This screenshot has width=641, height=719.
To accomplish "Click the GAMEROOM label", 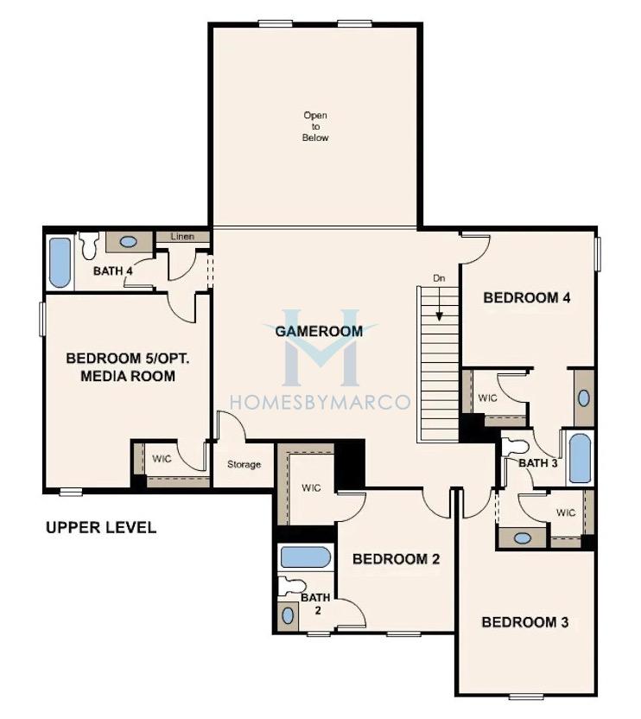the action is pyautogui.click(x=319, y=331).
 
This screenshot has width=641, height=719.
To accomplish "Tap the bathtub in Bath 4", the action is pyautogui.click(x=60, y=263).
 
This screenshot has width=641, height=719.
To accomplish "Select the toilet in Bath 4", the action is pyautogui.click(x=88, y=245).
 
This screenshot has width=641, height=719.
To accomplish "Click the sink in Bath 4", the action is pyautogui.click(x=128, y=242).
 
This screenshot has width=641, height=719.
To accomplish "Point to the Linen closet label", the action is pyautogui.click(x=182, y=237).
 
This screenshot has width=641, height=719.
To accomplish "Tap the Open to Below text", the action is pyautogui.click(x=315, y=126).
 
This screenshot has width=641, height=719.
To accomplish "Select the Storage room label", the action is pyautogui.click(x=244, y=465).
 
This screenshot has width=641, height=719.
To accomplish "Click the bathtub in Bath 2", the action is pyautogui.click(x=305, y=557).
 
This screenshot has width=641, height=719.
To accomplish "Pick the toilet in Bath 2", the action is pyautogui.click(x=292, y=586).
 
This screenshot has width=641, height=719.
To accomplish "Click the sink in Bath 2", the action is pyautogui.click(x=288, y=616).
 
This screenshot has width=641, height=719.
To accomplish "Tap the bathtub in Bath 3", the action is pyautogui.click(x=580, y=457).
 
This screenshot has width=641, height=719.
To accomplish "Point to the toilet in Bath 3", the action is pyautogui.click(x=516, y=447).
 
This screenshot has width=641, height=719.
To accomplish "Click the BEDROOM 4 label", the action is pyautogui.click(x=527, y=297).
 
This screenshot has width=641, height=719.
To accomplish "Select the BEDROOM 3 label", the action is pyautogui.click(x=525, y=622).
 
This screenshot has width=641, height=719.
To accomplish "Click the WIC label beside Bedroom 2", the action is pyautogui.click(x=311, y=488).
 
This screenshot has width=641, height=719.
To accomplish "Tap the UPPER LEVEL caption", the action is pyautogui.click(x=101, y=527).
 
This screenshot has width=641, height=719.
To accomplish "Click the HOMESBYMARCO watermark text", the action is pyautogui.click(x=320, y=402).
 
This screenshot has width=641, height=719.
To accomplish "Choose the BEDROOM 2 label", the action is pyautogui.click(x=397, y=559).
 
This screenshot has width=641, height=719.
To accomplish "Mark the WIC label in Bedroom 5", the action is pyautogui.click(x=162, y=459).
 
